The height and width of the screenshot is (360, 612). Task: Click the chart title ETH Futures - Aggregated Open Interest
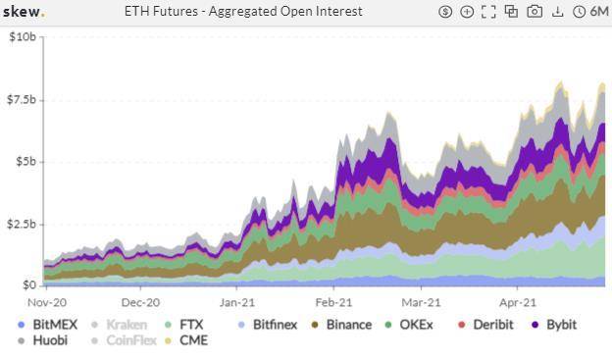click(243, 12)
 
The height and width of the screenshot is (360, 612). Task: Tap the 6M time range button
click(593, 12)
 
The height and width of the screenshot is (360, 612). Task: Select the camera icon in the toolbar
click(535, 12)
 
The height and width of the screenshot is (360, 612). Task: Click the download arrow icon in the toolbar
click(558, 12)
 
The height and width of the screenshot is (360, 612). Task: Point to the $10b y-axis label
click(23, 37)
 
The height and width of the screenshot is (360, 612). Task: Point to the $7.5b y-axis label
click(23, 99)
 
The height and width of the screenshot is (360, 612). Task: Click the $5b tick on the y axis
click(25, 162)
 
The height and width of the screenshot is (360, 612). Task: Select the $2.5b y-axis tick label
click(23, 224)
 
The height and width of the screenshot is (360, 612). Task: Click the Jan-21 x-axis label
click(236, 303)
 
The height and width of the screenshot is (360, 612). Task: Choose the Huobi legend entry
click(50, 340)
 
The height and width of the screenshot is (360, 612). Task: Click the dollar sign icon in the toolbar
click(445, 12)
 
